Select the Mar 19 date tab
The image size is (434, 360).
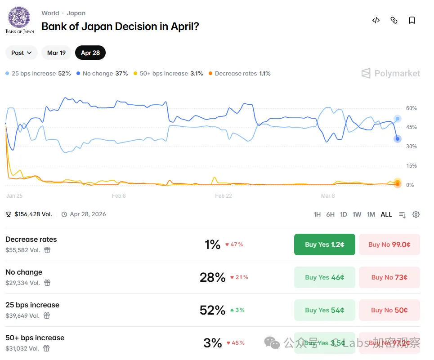[56, 53]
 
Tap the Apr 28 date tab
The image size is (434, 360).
[90, 53]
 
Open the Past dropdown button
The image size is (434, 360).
[22, 53]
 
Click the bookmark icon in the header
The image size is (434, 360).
[412, 20]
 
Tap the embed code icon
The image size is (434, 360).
[376, 20]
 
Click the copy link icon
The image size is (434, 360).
[394, 20]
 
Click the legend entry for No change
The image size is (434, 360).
[102, 73]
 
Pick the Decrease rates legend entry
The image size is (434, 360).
[239, 73]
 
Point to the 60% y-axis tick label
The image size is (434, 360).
[412, 108]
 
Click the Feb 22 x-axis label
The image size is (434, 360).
[223, 196]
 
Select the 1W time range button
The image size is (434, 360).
[357, 214]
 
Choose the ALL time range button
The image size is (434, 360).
[386, 214]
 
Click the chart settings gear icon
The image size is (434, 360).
[416, 214]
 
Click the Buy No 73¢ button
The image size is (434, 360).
[389, 277]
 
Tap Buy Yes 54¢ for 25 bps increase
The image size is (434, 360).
[324, 310]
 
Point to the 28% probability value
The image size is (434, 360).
[212, 277]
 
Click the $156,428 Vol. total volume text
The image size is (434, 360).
[33, 214]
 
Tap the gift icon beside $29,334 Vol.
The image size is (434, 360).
[47, 283]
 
